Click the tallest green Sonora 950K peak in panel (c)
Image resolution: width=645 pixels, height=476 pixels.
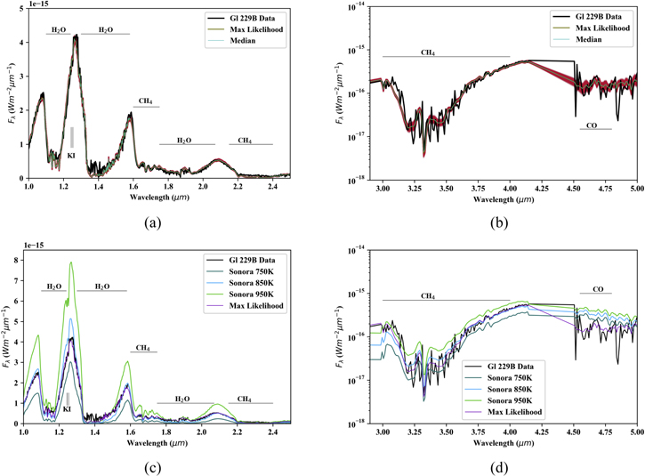(70, 262)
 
